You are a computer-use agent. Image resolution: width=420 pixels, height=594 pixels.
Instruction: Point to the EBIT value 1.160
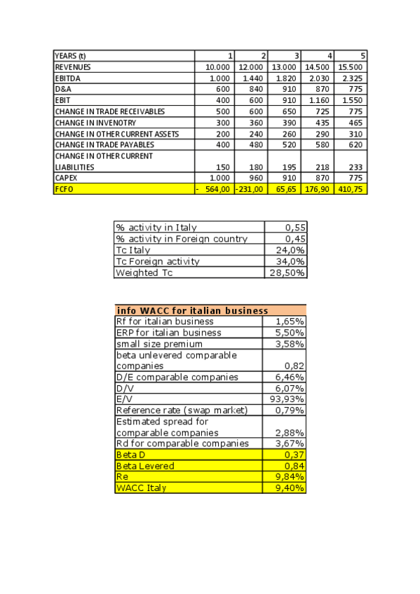tap(319, 100)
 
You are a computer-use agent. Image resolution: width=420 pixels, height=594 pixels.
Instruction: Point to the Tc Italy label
tap(133, 250)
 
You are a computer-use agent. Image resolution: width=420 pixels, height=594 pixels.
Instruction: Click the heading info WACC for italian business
tap(192, 310)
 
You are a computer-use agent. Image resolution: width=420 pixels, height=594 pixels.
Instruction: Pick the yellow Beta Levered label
tap(145, 465)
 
